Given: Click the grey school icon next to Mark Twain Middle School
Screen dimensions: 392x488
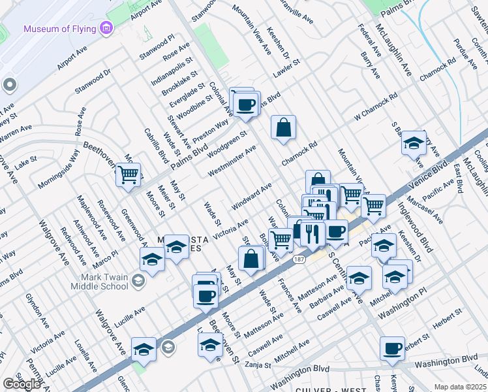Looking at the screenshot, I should click(138, 282).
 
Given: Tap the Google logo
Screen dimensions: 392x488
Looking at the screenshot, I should click(22, 384).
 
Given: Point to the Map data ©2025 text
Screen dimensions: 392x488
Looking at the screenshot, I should click(460, 387).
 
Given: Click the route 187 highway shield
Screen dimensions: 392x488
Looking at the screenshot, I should click(299, 259).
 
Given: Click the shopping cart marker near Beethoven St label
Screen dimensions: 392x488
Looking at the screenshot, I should click(129, 173).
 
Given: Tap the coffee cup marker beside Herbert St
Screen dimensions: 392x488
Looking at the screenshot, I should click(393, 348).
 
